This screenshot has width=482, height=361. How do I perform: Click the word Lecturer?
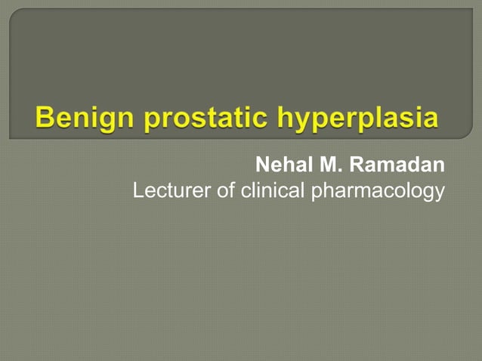172,191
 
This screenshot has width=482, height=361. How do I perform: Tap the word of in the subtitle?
226,191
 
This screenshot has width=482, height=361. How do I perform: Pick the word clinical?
272,191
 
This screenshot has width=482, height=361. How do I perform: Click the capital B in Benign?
45,119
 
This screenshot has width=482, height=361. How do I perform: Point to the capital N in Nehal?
263,165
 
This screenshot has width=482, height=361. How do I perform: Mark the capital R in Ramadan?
355,165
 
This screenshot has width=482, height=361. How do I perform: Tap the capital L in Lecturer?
138,191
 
